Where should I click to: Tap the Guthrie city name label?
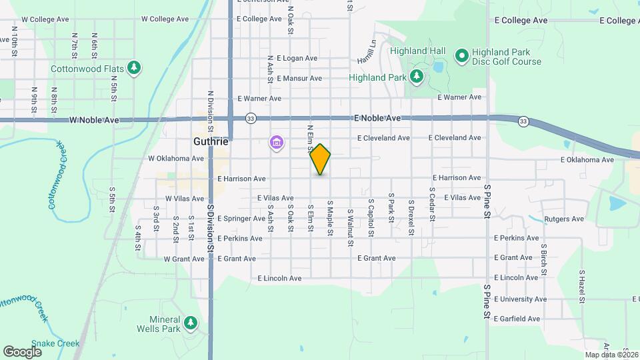211,142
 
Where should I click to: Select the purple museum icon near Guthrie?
276,142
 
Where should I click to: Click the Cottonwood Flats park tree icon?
135,67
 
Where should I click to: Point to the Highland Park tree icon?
417,77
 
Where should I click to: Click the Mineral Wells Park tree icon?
191,323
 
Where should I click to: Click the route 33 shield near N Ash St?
250,118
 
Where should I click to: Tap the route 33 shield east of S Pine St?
523,121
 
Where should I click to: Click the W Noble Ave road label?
94,121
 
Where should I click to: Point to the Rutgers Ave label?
564,219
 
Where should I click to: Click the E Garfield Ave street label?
517,319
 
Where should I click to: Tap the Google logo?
23,351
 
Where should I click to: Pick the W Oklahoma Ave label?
175,159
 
